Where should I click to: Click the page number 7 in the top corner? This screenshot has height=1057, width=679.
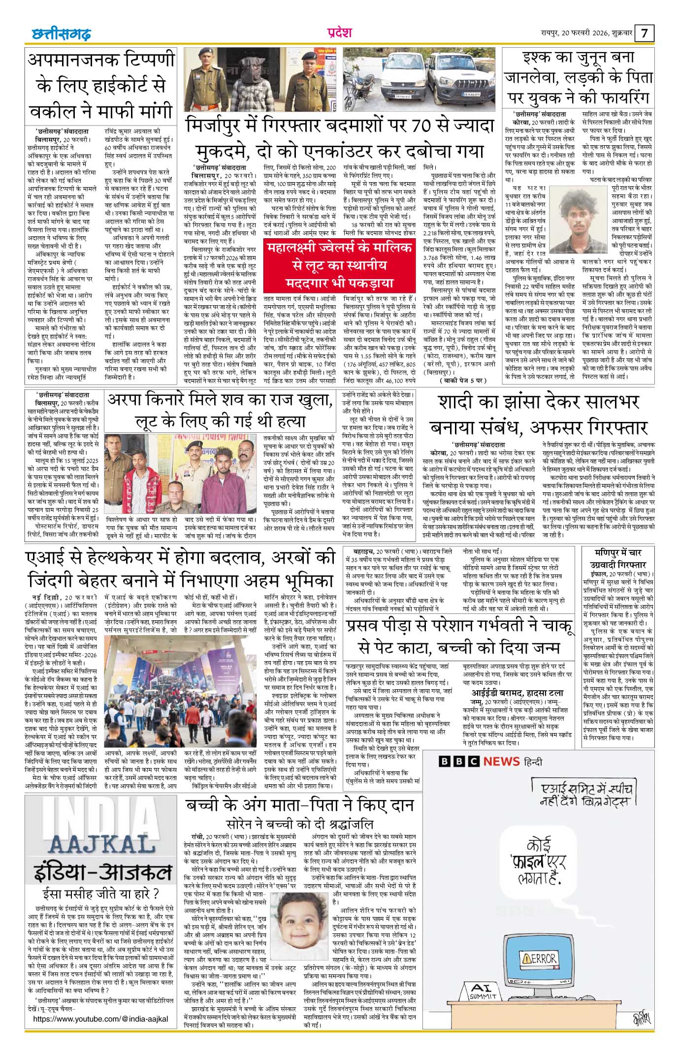tap(646, 33)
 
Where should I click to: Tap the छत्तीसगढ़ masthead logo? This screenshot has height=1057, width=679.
tap(58, 33)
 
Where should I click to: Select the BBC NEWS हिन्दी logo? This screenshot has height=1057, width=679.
tap(490, 761)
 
